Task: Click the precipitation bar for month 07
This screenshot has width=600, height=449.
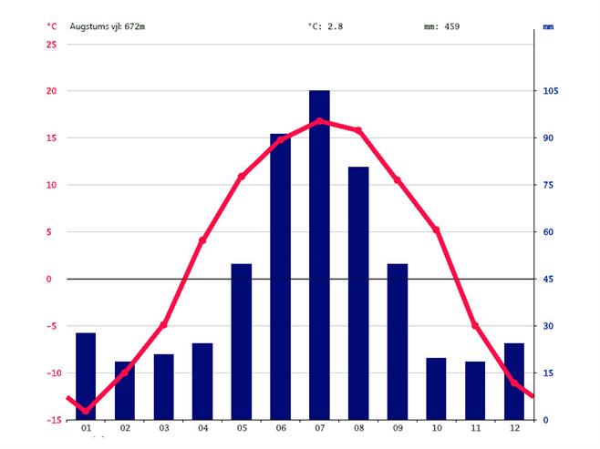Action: pos(319,255)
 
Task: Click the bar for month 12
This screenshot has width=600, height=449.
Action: pos(514,382)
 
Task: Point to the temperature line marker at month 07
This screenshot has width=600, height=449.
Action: pos(319,120)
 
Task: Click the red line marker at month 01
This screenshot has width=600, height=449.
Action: pos(86,411)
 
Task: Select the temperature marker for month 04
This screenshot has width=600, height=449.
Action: pos(202,240)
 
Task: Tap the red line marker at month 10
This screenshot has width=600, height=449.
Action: pos(437,230)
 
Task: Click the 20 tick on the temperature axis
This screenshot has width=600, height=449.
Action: pos(51,91)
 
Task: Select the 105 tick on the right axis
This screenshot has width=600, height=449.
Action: pos(551,91)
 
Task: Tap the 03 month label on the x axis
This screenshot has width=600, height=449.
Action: pos(164,429)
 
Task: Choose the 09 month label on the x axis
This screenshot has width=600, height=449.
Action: pos(398,429)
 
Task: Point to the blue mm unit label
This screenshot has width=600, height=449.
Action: pos(548,27)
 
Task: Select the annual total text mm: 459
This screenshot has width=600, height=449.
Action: pos(442,26)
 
